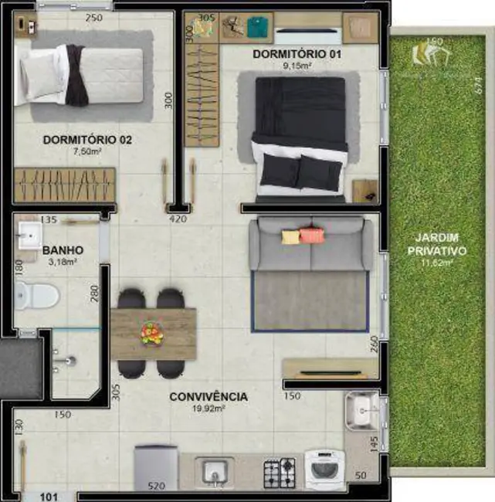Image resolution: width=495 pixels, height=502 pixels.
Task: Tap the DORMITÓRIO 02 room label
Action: (87, 141)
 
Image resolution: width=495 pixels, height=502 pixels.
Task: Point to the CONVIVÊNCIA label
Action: (209, 397)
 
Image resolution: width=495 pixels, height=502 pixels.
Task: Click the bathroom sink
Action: (31, 232)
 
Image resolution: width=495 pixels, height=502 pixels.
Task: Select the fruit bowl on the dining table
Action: (151, 334)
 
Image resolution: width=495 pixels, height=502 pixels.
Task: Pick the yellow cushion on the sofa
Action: (290, 236)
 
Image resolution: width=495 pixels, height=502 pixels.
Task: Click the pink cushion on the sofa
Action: (312, 236)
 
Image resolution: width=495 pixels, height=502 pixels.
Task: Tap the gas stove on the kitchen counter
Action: (280, 472)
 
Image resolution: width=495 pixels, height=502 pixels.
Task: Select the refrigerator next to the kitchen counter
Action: (157, 467)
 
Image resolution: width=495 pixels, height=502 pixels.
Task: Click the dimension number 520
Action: (156, 487)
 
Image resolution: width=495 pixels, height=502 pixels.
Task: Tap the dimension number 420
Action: (179, 220)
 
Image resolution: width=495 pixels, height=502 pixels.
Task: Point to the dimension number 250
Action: (94, 18)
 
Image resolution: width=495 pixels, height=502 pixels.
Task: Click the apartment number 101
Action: (49, 497)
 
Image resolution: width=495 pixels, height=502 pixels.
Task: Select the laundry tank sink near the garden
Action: (361, 411)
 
